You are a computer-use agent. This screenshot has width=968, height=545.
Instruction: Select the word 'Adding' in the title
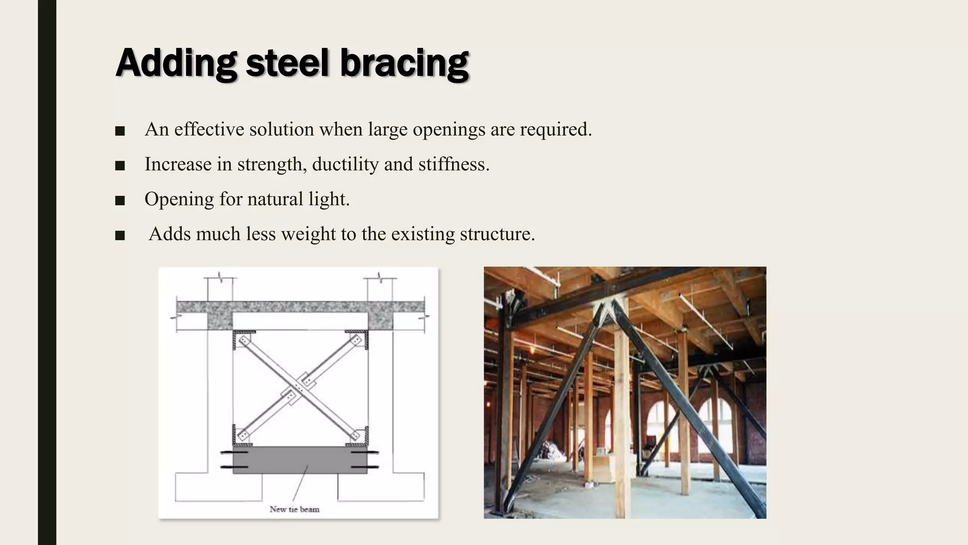pyautogui.click(x=176, y=63)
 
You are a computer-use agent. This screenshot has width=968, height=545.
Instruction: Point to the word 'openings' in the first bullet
pyautogui.click(x=449, y=130)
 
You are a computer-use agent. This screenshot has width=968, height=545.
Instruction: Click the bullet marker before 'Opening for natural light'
pyautogui.click(x=120, y=201)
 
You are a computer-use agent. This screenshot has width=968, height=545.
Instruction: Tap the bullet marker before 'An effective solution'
pyautogui.click(x=120, y=131)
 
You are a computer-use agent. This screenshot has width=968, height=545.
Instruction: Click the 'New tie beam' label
pyautogui.click(x=294, y=509)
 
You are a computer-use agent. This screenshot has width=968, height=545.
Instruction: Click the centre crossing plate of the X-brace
pyautogui.click(x=300, y=388)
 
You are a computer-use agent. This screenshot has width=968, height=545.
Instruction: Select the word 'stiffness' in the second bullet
pyautogui.click(x=454, y=164)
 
